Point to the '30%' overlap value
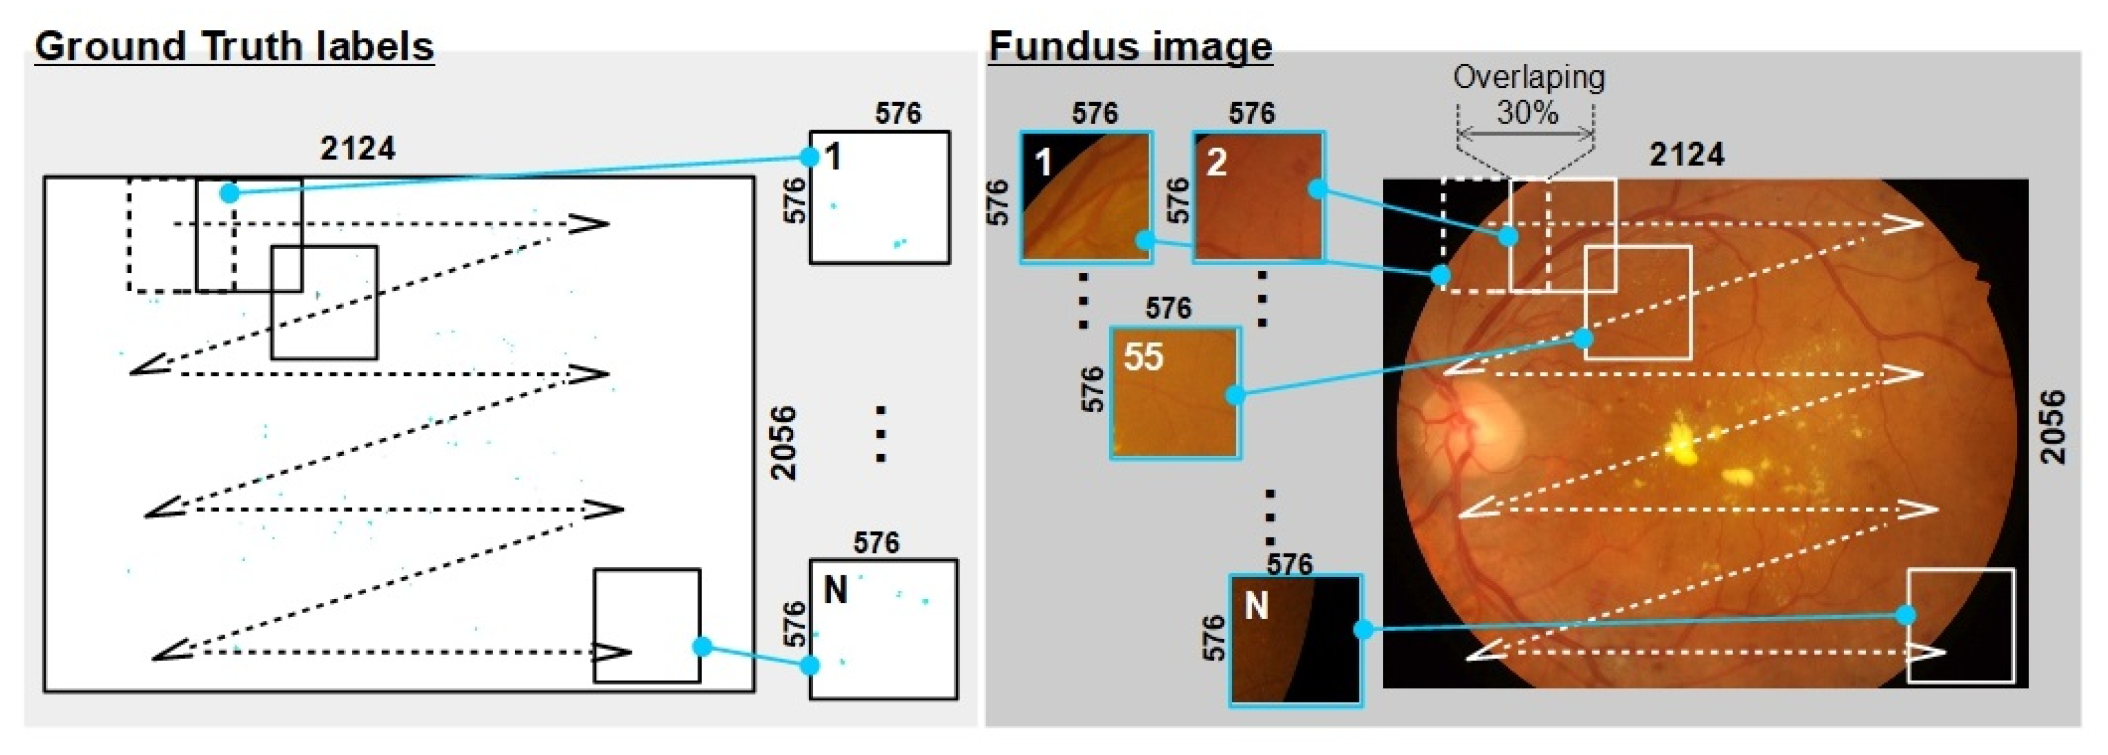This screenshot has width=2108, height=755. point(1527,112)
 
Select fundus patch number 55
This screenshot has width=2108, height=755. point(1175,393)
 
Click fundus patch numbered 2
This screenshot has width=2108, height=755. point(1258,196)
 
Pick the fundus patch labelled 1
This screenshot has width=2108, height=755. point(1086,196)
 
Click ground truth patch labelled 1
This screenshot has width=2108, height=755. point(880,197)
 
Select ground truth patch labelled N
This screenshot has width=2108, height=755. point(883,629)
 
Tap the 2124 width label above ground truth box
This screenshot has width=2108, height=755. point(358,149)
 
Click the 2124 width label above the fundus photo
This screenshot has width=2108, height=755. point(1687,155)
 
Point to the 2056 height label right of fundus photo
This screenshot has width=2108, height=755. point(2052,427)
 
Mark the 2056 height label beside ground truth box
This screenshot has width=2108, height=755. point(783,442)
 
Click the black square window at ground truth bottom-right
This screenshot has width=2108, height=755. point(647,626)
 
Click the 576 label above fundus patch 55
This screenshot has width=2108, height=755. point(1168,308)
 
